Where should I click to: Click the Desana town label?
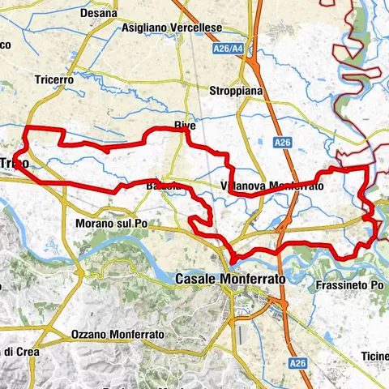click(99, 14)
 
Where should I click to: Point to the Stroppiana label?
click(236, 91)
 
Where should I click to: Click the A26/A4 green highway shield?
click(228, 49)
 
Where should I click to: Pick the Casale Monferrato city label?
click(230, 278)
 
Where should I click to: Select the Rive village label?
click(186, 126)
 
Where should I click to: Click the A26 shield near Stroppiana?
click(281, 143)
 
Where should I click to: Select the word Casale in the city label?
click(197, 278)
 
